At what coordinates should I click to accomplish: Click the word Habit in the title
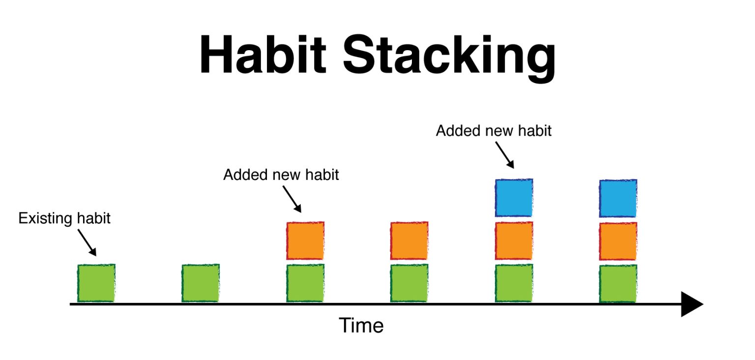pyautogui.click(x=263, y=55)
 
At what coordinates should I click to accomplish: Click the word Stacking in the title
pyautogui.click(x=449, y=58)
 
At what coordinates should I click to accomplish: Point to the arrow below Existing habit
pyautogui.click(x=87, y=242)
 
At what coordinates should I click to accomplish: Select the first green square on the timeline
pyautogui.click(x=96, y=283)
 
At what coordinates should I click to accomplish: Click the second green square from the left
pyautogui.click(x=201, y=283)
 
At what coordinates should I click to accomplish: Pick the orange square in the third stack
pyautogui.click(x=305, y=240)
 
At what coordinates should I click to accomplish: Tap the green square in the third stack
pyautogui.click(x=305, y=283)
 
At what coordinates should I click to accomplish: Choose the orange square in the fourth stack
pyautogui.click(x=409, y=240)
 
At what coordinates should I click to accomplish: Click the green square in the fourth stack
pyautogui.click(x=409, y=283)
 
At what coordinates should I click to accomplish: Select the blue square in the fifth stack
pyautogui.click(x=514, y=198)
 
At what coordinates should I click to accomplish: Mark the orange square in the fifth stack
pyautogui.click(x=514, y=240)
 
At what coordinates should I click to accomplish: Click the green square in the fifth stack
pyautogui.click(x=514, y=283)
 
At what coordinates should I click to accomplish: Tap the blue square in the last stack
pyautogui.click(x=618, y=198)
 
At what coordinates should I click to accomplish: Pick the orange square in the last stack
pyautogui.click(x=618, y=241)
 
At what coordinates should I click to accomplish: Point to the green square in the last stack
pyautogui.click(x=618, y=284)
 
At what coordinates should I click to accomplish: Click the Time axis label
pyautogui.click(x=361, y=326)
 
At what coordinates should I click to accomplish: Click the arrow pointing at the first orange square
pyautogui.click(x=292, y=199)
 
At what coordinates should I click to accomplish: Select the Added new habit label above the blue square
pyautogui.click(x=494, y=131)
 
